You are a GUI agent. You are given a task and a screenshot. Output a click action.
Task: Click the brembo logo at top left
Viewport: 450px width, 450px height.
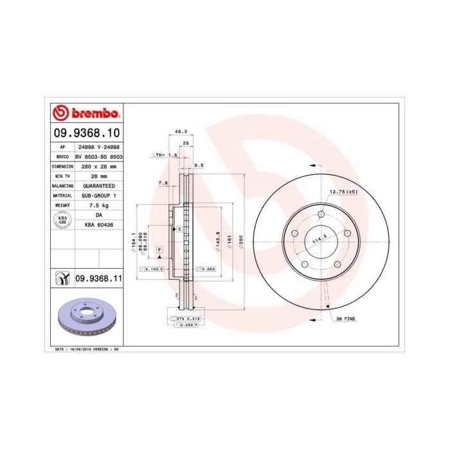click(85, 113)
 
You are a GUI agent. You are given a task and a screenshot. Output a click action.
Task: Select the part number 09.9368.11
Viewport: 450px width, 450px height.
click(100, 278)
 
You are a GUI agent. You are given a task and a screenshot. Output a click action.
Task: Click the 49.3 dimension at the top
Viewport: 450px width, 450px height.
click(181, 132)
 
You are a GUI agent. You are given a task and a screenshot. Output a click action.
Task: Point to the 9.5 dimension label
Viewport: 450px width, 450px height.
click(199, 165)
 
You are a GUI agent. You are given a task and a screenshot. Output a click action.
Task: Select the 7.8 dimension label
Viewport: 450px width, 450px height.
click(163, 183)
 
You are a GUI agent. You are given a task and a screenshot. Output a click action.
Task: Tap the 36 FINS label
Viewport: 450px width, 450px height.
click(346, 319)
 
